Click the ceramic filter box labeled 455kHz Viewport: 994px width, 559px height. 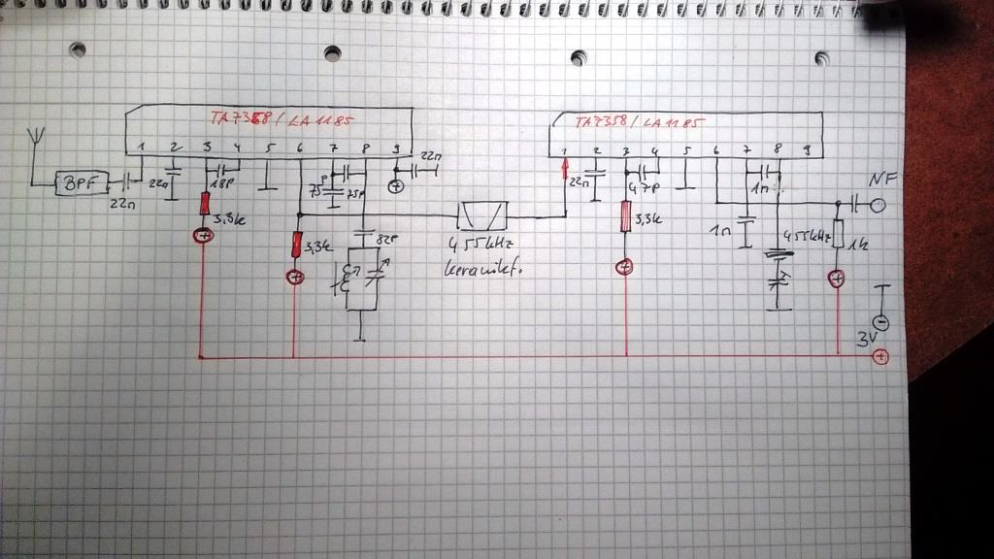(482, 214)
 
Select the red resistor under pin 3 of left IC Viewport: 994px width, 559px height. (206, 205)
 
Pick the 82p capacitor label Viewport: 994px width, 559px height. (387, 241)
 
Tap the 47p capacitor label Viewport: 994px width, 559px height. (639, 186)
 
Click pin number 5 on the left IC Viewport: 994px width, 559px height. (270, 148)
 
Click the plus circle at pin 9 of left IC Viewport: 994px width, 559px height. (396, 185)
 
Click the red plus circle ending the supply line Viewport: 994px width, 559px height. (880, 358)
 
